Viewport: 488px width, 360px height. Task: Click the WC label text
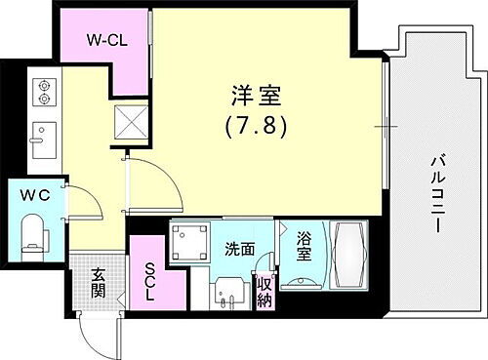coord(36,194)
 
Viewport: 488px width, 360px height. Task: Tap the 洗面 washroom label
coord(240,250)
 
